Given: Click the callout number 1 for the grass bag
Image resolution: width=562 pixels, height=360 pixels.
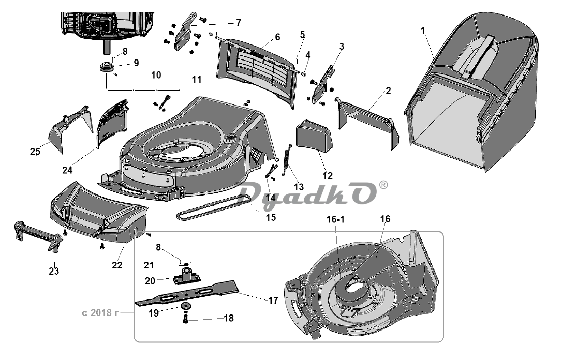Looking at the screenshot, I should [x=423, y=31].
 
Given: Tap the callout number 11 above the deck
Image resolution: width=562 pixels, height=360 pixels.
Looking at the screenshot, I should [x=197, y=80].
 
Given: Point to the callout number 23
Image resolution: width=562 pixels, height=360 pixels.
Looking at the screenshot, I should [x=54, y=271].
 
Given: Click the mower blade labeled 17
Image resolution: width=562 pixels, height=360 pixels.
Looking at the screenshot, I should [x=207, y=292].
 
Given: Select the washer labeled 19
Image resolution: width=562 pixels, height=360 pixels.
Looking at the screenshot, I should [x=185, y=307].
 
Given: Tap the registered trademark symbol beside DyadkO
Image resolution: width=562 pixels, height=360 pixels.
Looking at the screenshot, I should [x=383, y=185].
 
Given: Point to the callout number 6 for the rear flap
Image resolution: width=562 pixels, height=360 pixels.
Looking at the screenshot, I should [x=277, y=37].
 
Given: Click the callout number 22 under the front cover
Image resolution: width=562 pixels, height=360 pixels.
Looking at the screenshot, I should [x=117, y=265].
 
